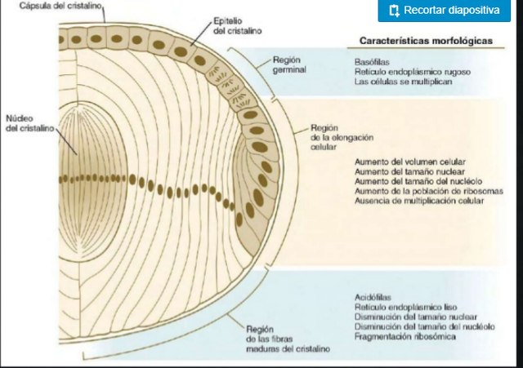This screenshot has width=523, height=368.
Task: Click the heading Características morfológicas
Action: point(427,41)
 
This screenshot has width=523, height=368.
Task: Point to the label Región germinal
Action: point(290,65)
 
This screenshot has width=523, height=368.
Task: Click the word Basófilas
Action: point(372,61)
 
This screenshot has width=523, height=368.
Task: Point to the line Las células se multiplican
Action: point(402,82)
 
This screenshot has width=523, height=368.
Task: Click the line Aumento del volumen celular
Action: point(410,162)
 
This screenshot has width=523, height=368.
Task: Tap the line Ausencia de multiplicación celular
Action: point(419,200)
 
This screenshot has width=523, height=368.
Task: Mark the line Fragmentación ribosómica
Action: point(405,335)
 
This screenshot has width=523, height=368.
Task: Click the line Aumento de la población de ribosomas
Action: point(428,190)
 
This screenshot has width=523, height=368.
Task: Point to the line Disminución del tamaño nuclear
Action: point(414,316)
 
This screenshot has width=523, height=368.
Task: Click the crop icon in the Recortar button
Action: point(394,11)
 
